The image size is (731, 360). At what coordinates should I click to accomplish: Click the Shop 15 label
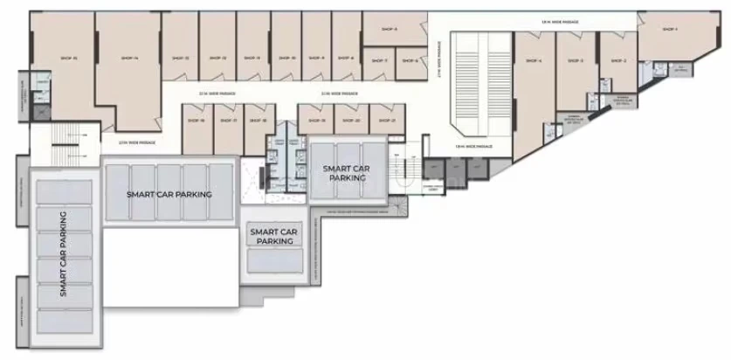click(70, 58)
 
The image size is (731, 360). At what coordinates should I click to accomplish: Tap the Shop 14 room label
click(131, 58)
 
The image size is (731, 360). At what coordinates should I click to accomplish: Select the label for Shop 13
click(182, 58)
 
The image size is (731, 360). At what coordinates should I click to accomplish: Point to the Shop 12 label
click(218, 58)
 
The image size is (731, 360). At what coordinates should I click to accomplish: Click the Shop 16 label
click(197, 121)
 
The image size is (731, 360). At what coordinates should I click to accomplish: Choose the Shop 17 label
click(228, 121)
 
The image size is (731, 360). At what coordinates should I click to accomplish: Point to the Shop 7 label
click(379, 60)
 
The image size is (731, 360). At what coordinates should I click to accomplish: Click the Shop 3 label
click(576, 61)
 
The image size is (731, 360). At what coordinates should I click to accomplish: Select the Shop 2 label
click(619, 61)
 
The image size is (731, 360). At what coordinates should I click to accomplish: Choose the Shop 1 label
click(670, 29)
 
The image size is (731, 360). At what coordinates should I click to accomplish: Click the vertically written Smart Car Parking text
click(65, 253)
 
